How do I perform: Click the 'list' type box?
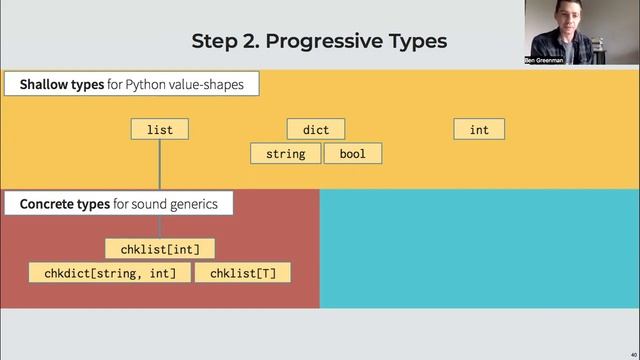click(x=159, y=129)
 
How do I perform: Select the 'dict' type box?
click(x=315, y=129)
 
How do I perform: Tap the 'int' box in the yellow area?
click(x=479, y=129)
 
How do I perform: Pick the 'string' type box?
click(x=285, y=154)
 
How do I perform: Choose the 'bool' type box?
click(x=352, y=154)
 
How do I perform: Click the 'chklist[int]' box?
click(x=160, y=249)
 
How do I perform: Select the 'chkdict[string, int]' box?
click(x=110, y=273)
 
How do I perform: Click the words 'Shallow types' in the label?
click(x=62, y=85)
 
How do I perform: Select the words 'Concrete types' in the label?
click(x=65, y=205)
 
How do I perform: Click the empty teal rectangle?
click(x=478, y=248)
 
